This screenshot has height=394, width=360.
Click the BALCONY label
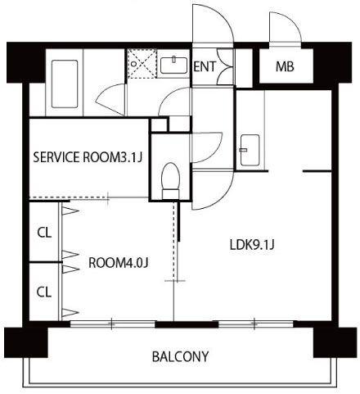(x=180, y=356)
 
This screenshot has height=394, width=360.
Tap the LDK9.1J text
(x=252, y=245)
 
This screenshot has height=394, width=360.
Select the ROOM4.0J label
(x=119, y=263)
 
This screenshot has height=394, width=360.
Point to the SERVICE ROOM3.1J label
(x=88, y=157)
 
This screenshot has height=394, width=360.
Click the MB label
(x=285, y=66)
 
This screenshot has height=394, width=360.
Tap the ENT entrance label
(x=205, y=66)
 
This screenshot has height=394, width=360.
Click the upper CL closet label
(x=44, y=233)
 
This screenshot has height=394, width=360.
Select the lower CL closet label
(x=44, y=292)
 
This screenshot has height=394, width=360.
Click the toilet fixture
(x=170, y=181)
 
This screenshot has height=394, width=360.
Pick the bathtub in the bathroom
(x=65, y=84)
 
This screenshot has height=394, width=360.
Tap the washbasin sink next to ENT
(x=173, y=66)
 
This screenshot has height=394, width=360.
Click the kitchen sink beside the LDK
(x=250, y=150)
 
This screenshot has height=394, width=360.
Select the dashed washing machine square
(x=142, y=64)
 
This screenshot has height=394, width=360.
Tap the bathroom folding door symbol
(x=111, y=100)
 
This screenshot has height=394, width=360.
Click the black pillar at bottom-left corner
(x=26, y=342)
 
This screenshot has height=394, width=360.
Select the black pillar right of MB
(x=332, y=62)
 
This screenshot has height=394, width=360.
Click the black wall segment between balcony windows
(x=187, y=324)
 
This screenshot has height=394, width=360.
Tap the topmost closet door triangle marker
(x=70, y=211)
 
